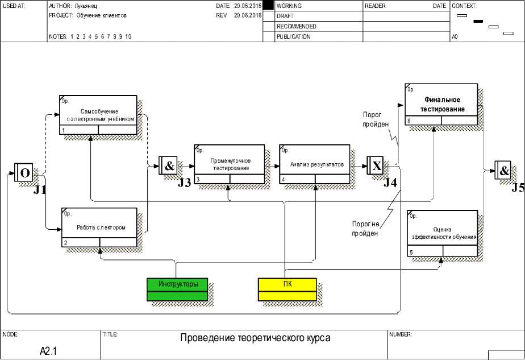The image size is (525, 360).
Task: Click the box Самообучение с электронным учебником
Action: tap(98, 115)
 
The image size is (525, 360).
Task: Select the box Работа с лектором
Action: tap(99, 227)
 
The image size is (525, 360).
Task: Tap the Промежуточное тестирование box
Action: tap(230, 164)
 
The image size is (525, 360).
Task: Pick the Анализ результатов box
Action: tap(315, 164)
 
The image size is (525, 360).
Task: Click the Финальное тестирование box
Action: tap(441, 104)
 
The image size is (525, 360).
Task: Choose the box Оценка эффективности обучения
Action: tap(443, 233)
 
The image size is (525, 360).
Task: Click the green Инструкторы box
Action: tap(178, 289)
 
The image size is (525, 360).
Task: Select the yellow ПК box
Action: tap(287, 289)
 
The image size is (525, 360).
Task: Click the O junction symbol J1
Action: tap(24, 172)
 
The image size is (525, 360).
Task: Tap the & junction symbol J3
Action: tap(169, 165)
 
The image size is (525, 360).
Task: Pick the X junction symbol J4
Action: tap(376, 165)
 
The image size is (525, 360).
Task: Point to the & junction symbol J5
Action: tap(503, 170)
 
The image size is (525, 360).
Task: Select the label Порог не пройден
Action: tap(364, 229)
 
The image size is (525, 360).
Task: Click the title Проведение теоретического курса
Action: tap(255, 338)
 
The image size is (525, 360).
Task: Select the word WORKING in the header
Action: tap(289, 6)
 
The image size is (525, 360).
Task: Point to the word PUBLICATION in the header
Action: tap(293, 37)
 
